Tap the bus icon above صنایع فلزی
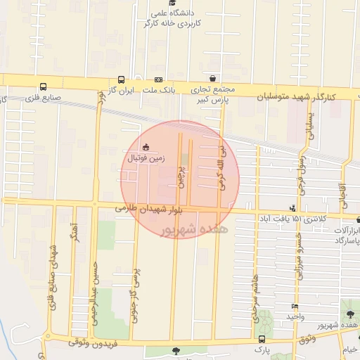44,88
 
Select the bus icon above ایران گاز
121,80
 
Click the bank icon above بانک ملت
159,80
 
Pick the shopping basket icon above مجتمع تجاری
212,78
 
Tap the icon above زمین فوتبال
146,147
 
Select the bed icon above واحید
294,307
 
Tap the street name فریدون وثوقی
100,340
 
